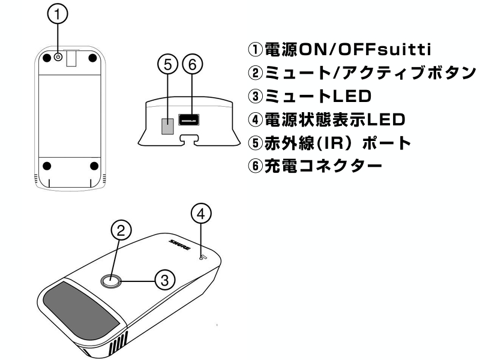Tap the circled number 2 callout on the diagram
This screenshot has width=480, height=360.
121,230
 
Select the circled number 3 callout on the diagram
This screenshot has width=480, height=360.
165,279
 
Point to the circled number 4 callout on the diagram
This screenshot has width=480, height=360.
201,213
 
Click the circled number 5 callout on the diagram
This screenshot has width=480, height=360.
168,65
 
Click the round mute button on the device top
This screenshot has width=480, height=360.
110,280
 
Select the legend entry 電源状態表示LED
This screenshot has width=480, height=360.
326,119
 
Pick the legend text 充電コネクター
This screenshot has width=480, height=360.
314,166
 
